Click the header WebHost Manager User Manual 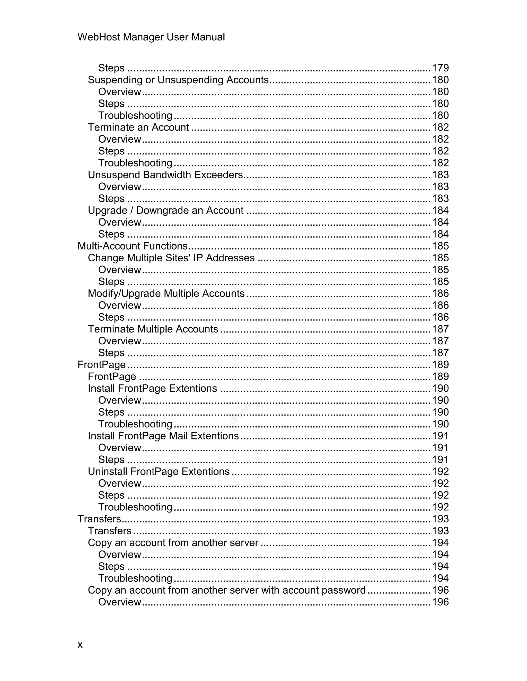[x=151, y=37]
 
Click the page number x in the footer [x=80, y=645]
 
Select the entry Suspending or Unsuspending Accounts [x=178, y=80]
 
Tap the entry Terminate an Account [x=138, y=127]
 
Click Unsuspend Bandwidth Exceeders [x=165, y=174]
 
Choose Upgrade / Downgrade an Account [x=165, y=210]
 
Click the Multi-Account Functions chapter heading [x=132, y=246]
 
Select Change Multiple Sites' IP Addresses [x=171, y=258]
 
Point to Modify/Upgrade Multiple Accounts [x=166, y=293]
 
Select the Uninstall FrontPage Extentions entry [x=159, y=472]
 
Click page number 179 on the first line [x=440, y=68]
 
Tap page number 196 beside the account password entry [x=440, y=590]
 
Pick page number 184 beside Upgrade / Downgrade [x=440, y=210]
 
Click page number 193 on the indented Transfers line [x=440, y=531]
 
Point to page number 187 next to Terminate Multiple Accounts [x=440, y=329]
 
